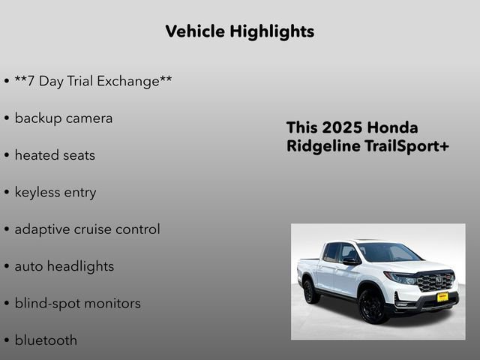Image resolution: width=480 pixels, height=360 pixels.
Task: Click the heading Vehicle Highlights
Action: coord(239,31)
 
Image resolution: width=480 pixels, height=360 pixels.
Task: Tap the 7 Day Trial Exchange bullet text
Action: coord(93,81)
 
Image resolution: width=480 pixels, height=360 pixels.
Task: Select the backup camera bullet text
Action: coord(63,118)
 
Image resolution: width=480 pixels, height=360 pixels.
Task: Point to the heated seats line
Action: coord(55,155)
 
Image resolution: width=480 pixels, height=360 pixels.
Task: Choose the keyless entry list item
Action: coord(55,192)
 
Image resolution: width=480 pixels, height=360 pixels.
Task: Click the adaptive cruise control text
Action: coord(87,229)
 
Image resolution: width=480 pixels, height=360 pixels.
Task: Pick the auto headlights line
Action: coord(64,266)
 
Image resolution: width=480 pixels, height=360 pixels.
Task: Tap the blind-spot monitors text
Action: coord(77,303)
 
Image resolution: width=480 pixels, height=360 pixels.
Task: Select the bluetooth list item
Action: coord(46,340)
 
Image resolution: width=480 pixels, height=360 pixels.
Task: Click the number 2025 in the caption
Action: coord(342,127)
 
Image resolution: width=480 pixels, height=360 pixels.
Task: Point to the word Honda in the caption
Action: coord(393,127)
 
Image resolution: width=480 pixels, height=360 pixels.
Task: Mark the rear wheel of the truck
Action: coord(311,290)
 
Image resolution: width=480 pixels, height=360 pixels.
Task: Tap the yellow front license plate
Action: coord(442,297)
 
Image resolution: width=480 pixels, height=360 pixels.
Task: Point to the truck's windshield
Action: coord(388,253)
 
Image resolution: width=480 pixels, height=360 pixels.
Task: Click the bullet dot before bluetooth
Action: coord(7,340)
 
